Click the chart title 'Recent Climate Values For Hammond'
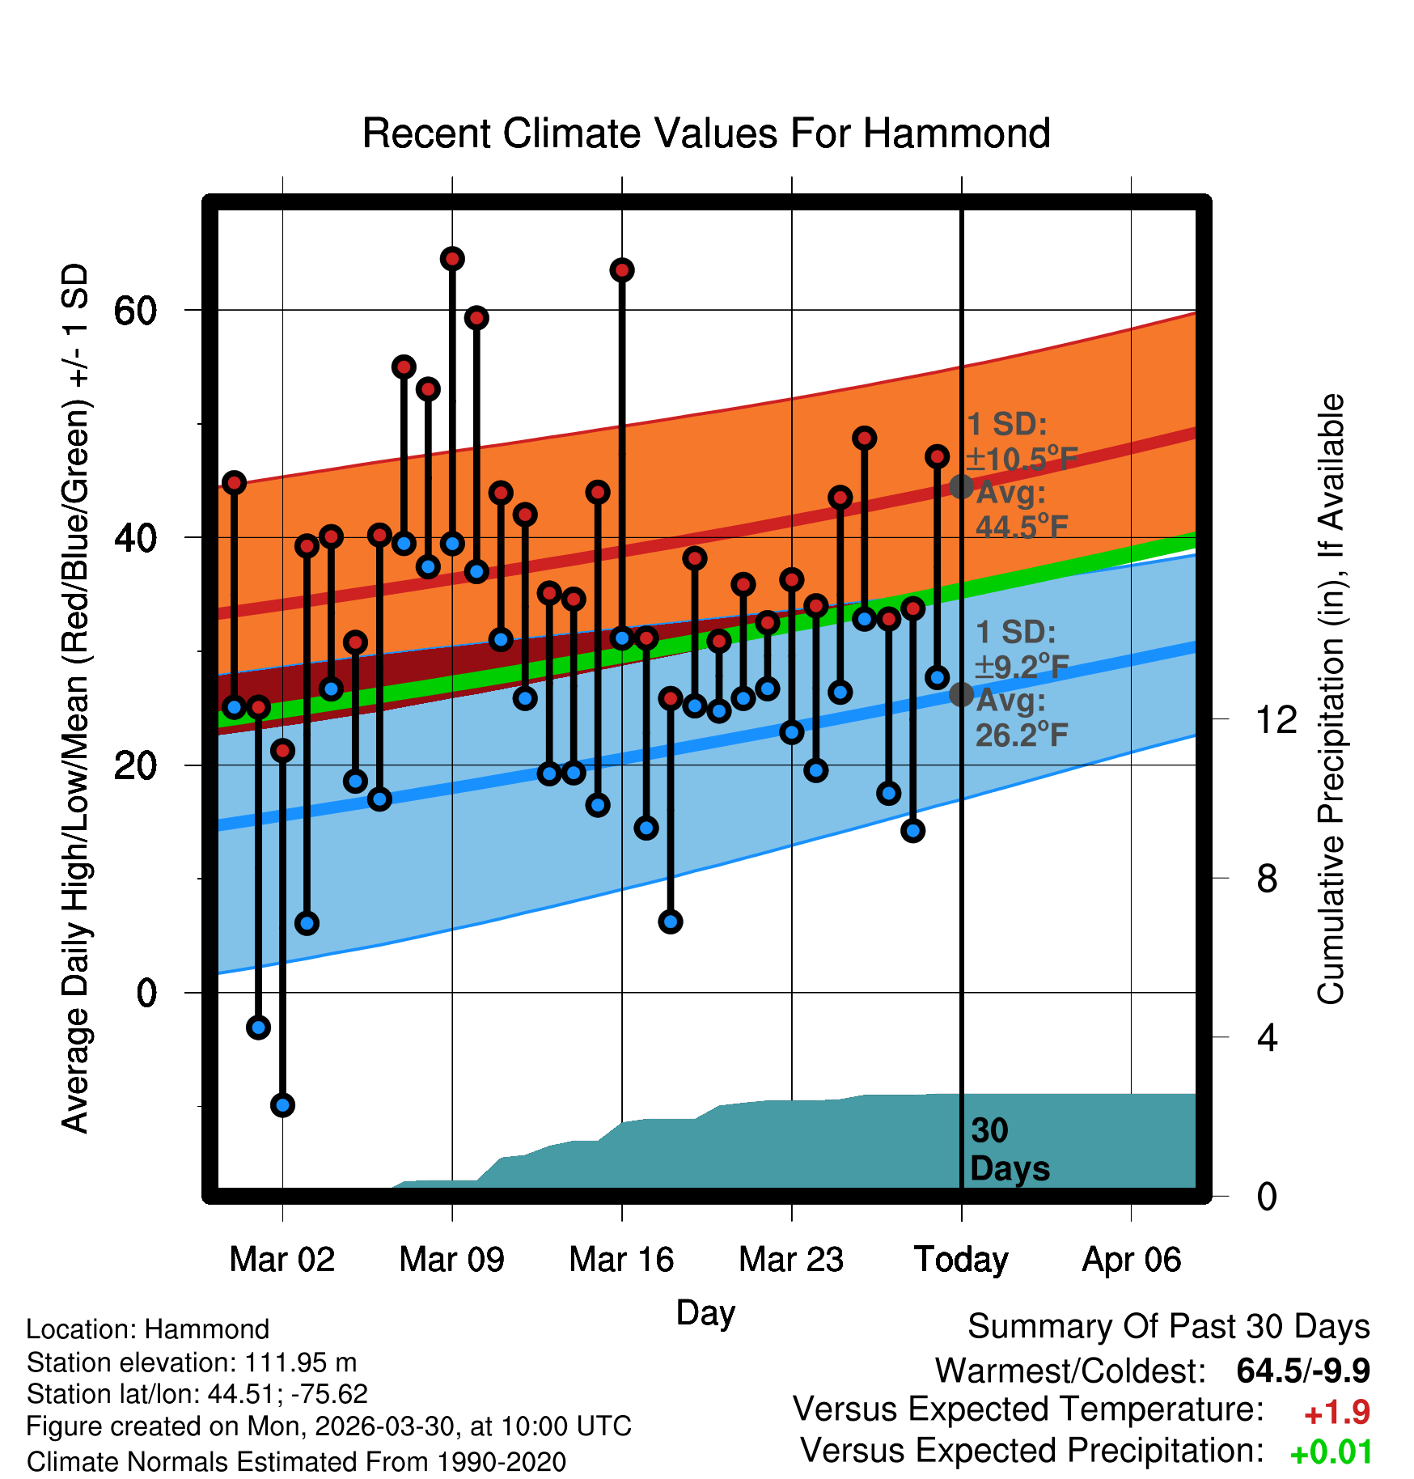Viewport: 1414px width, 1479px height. click(x=706, y=133)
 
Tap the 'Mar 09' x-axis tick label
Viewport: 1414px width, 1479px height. click(x=451, y=1260)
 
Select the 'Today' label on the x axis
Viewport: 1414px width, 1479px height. click(x=961, y=1260)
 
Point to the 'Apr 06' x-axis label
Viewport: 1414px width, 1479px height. click(x=1132, y=1260)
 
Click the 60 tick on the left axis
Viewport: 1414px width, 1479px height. click(x=135, y=310)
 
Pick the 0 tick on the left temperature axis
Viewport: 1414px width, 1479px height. click(x=146, y=993)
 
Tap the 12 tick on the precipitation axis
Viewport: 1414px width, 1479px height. click(x=1276, y=719)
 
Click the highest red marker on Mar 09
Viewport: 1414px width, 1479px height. click(x=452, y=259)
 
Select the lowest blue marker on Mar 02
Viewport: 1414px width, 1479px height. click(x=282, y=1104)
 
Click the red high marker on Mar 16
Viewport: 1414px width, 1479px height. click(x=622, y=270)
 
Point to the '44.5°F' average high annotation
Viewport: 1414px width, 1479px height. click(x=1022, y=527)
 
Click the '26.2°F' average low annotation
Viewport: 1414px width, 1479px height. click(x=1022, y=735)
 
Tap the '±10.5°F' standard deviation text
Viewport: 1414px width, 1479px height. click(x=1022, y=459)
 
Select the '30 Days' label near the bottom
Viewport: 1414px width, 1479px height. click(x=1009, y=1150)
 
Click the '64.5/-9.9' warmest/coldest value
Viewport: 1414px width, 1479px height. click(x=1303, y=1371)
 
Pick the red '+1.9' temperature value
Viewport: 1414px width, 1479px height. click(x=1337, y=1413)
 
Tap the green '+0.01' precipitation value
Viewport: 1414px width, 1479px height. click(x=1331, y=1452)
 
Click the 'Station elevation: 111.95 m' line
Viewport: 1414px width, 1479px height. click(x=192, y=1362)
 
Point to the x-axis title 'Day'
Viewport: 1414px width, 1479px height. click(x=705, y=1313)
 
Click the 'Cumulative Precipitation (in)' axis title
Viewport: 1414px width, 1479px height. click(x=1331, y=699)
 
